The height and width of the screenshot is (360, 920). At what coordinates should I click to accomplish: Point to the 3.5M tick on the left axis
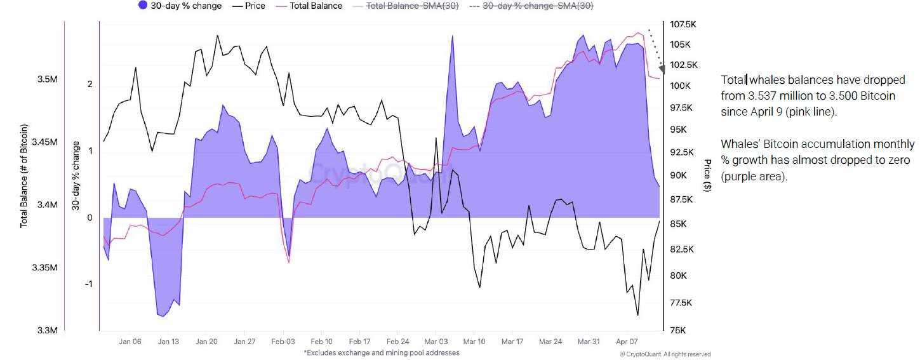pyautogui.click(x=48, y=79)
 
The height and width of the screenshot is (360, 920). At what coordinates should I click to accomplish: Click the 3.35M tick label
pyautogui.click(x=46, y=268)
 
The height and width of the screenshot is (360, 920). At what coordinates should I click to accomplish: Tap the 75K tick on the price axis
pyautogui.click(x=678, y=330)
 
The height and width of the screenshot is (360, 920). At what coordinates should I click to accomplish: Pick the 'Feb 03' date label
pyautogui.click(x=283, y=342)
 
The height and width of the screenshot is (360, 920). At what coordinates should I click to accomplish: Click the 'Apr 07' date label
pyautogui.click(x=627, y=342)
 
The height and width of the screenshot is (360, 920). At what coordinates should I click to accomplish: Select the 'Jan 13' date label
pyautogui.click(x=168, y=342)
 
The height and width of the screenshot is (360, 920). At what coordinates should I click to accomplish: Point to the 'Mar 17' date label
pyautogui.click(x=512, y=342)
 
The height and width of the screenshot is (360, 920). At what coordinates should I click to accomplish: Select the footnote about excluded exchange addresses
pyautogui.click(x=381, y=352)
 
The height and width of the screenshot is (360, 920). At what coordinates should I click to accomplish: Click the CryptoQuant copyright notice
pyautogui.click(x=665, y=354)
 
